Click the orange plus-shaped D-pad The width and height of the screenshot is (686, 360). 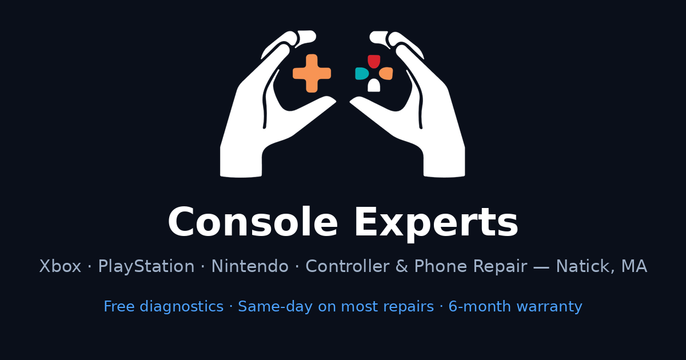coord(312,74)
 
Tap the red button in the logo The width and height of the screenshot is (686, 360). coord(374,62)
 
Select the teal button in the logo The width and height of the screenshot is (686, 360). coord(362,74)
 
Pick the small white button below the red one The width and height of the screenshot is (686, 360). coord(374,85)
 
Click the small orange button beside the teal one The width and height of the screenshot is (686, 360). coord(386,74)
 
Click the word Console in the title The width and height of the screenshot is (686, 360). coord(253,222)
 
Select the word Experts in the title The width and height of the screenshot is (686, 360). coord(436,223)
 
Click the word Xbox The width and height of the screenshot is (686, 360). coord(60,266)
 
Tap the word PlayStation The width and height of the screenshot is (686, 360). coord(146,266)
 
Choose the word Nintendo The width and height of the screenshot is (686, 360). coord(250,266)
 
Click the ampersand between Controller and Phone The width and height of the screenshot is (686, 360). coord(402,266)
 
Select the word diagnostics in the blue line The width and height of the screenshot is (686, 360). coord(182,306)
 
